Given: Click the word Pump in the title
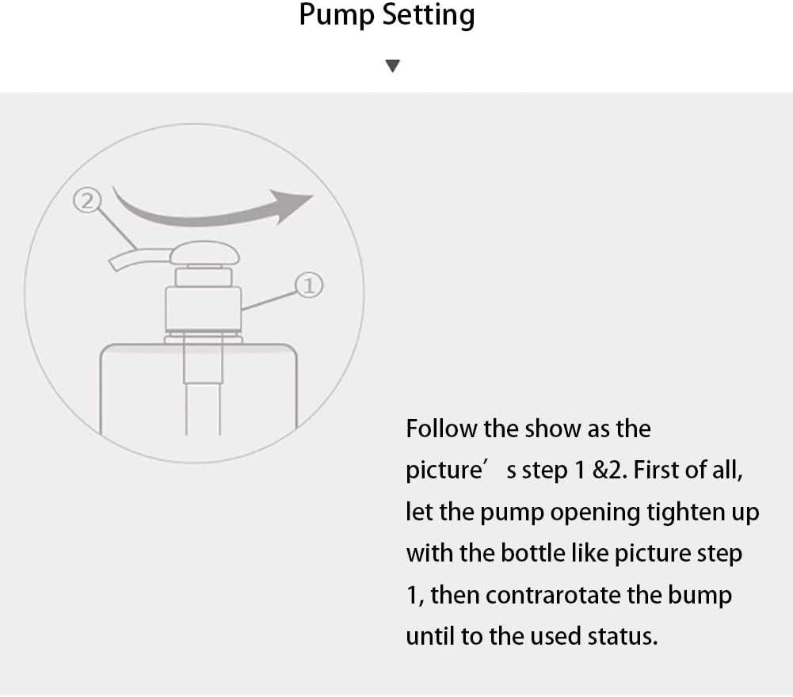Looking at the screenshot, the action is [337, 15].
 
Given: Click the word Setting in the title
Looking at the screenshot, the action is [429, 15].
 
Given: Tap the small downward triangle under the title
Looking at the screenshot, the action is [392, 66].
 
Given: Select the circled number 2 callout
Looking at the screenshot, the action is [87, 200].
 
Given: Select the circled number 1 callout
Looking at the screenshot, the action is [309, 285].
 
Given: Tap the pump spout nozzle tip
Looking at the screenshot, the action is [114, 264].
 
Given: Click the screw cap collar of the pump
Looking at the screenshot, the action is [204, 309].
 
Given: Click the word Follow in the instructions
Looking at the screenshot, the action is [441, 429].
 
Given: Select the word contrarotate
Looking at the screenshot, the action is [553, 596].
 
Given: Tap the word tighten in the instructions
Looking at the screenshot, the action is [686, 513].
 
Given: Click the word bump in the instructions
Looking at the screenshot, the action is [700, 596].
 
